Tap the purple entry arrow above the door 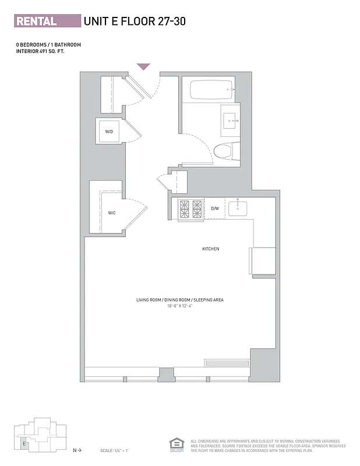coord(144,67)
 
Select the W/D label coord(109,132)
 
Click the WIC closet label coord(112,213)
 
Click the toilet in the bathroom coord(223,152)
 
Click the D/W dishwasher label coord(214,209)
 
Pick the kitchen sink coord(238,208)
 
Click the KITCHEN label coord(210,249)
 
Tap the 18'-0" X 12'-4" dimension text coord(180,305)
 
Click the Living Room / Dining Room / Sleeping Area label coord(180,300)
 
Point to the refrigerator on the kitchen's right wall coord(263,260)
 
